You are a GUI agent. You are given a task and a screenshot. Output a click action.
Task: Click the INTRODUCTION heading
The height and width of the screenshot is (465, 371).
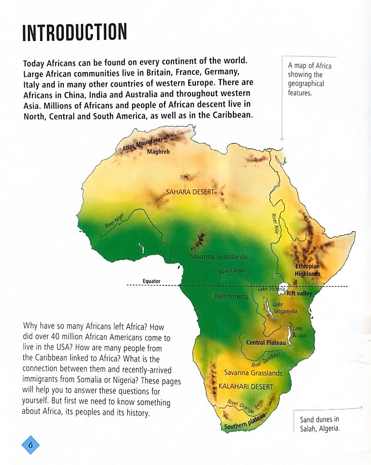74,33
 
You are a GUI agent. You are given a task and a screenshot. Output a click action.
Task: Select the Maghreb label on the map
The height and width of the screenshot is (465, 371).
158,152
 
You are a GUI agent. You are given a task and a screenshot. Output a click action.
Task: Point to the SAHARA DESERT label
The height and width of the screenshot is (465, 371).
190,192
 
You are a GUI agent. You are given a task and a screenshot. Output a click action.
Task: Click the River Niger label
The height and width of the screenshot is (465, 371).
114,221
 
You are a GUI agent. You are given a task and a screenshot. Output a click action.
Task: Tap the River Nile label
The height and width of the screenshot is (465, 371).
275,224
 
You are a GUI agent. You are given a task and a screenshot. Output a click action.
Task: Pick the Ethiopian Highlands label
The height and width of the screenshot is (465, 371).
308,270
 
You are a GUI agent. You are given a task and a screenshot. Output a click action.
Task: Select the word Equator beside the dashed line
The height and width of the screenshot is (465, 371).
151,281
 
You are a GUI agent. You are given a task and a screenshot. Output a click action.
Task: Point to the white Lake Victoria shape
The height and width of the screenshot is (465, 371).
283,288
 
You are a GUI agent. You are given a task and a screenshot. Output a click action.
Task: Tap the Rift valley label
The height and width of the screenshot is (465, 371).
299,294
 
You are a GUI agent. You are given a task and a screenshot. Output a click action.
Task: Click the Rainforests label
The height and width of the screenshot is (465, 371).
232,296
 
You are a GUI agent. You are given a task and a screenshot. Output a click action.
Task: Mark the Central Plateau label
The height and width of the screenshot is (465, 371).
266,342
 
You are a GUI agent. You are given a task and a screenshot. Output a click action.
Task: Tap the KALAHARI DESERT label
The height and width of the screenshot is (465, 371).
246,387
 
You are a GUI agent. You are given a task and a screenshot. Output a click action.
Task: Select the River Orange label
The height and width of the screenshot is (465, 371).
241,406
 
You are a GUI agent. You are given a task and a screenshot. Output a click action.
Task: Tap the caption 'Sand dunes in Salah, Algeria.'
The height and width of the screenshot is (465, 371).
319,424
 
